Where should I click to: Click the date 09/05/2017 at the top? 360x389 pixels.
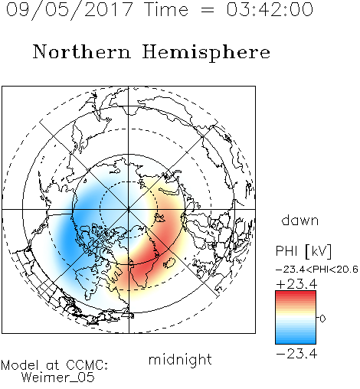pyautogui.click(x=69, y=9)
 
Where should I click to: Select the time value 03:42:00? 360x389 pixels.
pyautogui.click(x=270, y=9)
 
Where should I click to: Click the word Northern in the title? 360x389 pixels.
pyautogui.click(x=82, y=52)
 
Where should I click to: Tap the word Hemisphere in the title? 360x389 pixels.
pyautogui.click(x=206, y=53)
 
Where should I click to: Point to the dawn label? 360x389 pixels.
pyautogui.click(x=300, y=220)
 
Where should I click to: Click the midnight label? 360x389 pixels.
pyautogui.click(x=180, y=359)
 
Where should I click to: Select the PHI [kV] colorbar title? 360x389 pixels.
pyautogui.click(x=303, y=251)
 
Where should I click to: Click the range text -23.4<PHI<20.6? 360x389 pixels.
pyautogui.click(x=317, y=270)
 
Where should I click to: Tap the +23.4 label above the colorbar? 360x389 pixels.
pyautogui.click(x=297, y=284)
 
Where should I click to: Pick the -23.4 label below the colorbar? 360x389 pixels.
pyautogui.click(x=296, y=354)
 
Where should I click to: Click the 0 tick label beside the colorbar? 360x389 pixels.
pyautogui.click(x=322, y=319)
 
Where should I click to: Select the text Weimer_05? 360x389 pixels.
pyautogui.click(x=58, y=378)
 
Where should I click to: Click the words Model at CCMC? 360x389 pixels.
pyautogui.click(x=54, y=365)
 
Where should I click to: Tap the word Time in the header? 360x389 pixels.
pyautogui.click(x=166, y=9)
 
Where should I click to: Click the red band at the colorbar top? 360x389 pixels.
pyautogui.click(x=296, y=295)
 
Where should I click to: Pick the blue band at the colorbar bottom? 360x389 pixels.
pyautogui.click(x=296, y=340)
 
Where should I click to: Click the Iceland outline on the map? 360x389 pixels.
pyautogui.click(x=169, y=263)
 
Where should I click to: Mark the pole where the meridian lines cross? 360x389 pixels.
pyautogui.click(x=129, y=209)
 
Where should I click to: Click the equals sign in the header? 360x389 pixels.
pyautogui.click(x=208, y=10)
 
